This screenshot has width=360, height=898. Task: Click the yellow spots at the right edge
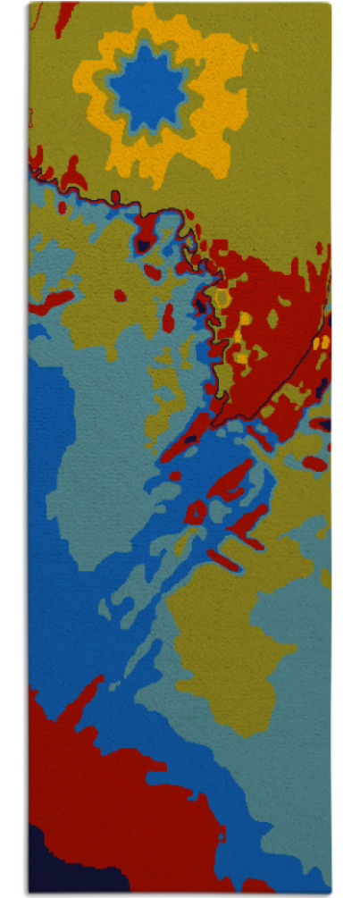pyautogui.click(x=324, y=341)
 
